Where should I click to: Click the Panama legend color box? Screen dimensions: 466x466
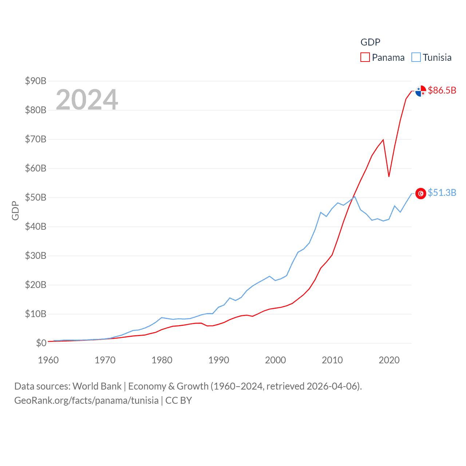[365, 58]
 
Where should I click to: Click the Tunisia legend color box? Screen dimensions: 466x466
[416, 58]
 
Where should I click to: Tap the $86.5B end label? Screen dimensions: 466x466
[442, 90]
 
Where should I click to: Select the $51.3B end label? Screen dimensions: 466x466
[442, 193]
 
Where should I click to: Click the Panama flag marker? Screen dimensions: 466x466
[420, 91]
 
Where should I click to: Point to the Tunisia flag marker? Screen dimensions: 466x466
[420, 193]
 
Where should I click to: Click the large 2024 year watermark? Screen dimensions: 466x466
[87, 99]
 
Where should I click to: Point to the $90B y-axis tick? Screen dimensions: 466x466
[36, 81]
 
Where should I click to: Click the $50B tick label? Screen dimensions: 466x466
[36, 197]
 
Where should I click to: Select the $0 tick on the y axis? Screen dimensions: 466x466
[41, 343]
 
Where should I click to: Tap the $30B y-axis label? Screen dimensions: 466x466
[36, 256]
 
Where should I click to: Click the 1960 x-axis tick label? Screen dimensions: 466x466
[48, 360]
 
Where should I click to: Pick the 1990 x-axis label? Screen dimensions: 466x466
[219, 360]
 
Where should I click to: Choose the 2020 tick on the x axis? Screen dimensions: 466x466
[389, 360]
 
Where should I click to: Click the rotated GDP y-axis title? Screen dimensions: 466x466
[15, 210]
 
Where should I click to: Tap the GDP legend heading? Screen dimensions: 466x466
[370, 42]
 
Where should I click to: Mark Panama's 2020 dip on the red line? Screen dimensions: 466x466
[389, 176]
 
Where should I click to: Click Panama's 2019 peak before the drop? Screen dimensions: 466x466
[383, 140]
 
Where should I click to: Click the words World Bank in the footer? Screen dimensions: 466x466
[97, 386]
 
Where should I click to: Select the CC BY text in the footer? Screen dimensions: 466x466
[178, 400]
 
